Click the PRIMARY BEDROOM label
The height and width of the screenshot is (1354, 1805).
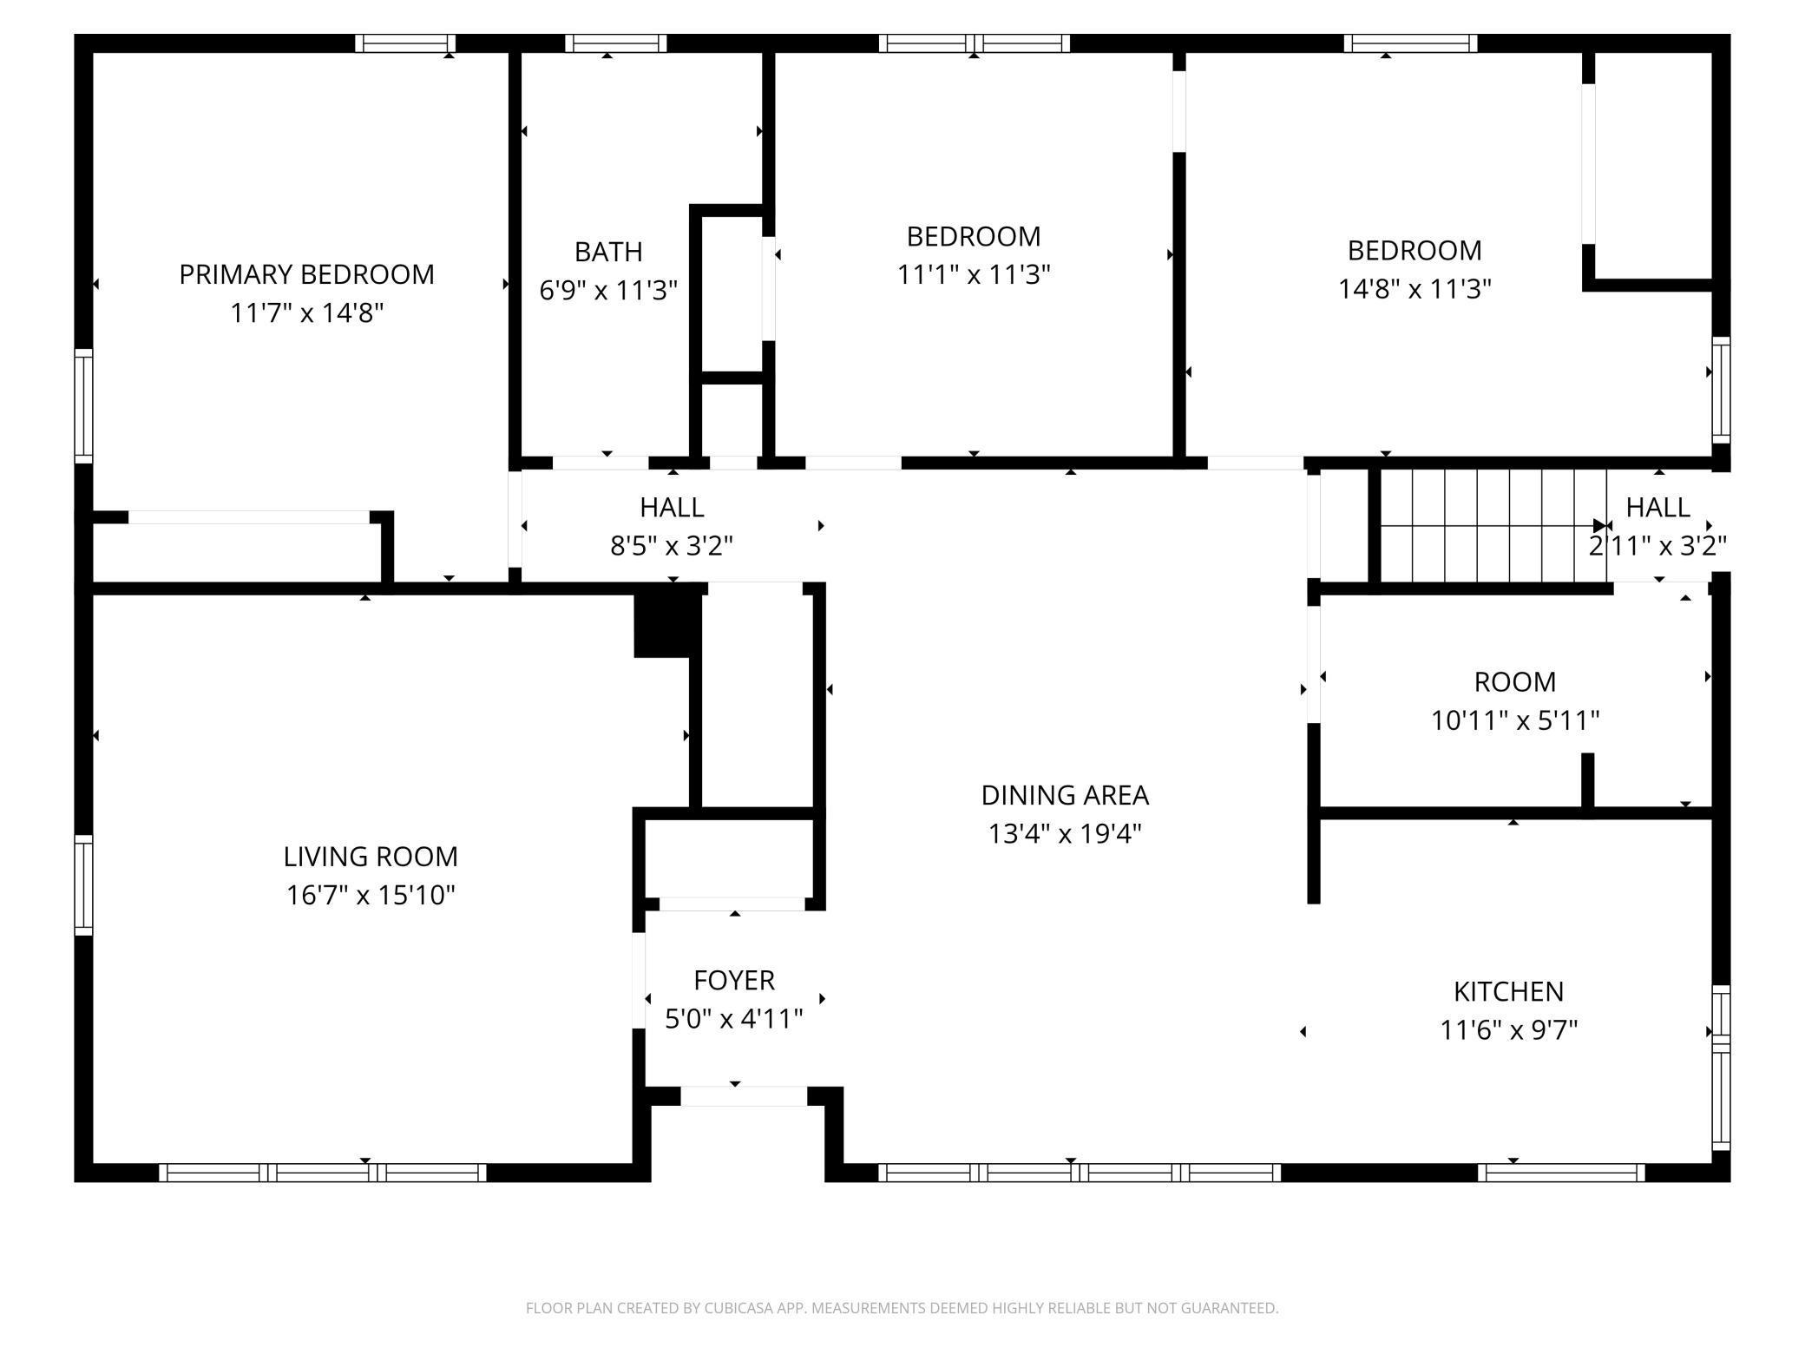pyautogui.click(x=306, y=274)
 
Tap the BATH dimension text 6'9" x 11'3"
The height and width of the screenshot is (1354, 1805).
pyautogui.click(x=608, y=290)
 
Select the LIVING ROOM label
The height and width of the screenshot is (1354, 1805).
pyautogui.click(x=371, y=857)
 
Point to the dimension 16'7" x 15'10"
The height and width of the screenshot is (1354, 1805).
pyautogui.click(x=371, y=895)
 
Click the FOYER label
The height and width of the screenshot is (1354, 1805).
pyautogui.click(x=734, y=980)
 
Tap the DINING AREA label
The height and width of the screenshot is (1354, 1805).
pyautogui.click(x=1065, y=795)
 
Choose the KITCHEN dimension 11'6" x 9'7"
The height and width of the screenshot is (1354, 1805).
pyautogui.click(x=1509, y=1030)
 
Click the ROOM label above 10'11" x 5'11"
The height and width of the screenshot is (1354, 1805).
pyautogui.click(x=1515, y=682)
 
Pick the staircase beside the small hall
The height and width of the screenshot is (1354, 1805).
pyautogui.click(x=1493, y=526)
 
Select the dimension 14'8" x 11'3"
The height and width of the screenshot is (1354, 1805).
pyautogui.click(x=1414, y=288)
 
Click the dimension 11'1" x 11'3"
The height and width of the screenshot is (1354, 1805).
pyautogui.click(x=974, y=274)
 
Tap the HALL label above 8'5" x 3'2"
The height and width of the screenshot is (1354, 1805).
pyautogui.click(x=672, y=507)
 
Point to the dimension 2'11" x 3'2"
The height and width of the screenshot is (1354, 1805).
pyautogui.click(x=1657, y=546)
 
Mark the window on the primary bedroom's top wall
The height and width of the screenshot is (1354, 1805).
pyautogui.click(x=405, y=43)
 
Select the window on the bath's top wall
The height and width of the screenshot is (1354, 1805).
pyautogui.click(x=616, y=43)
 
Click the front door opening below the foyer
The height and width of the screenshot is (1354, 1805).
pyautogui.click(x=744, y=1095)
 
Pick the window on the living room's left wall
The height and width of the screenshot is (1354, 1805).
pyautogui.click(x=83, y=885)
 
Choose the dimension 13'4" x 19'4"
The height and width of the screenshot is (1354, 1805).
pyautogui.click(x=1065, y=834)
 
